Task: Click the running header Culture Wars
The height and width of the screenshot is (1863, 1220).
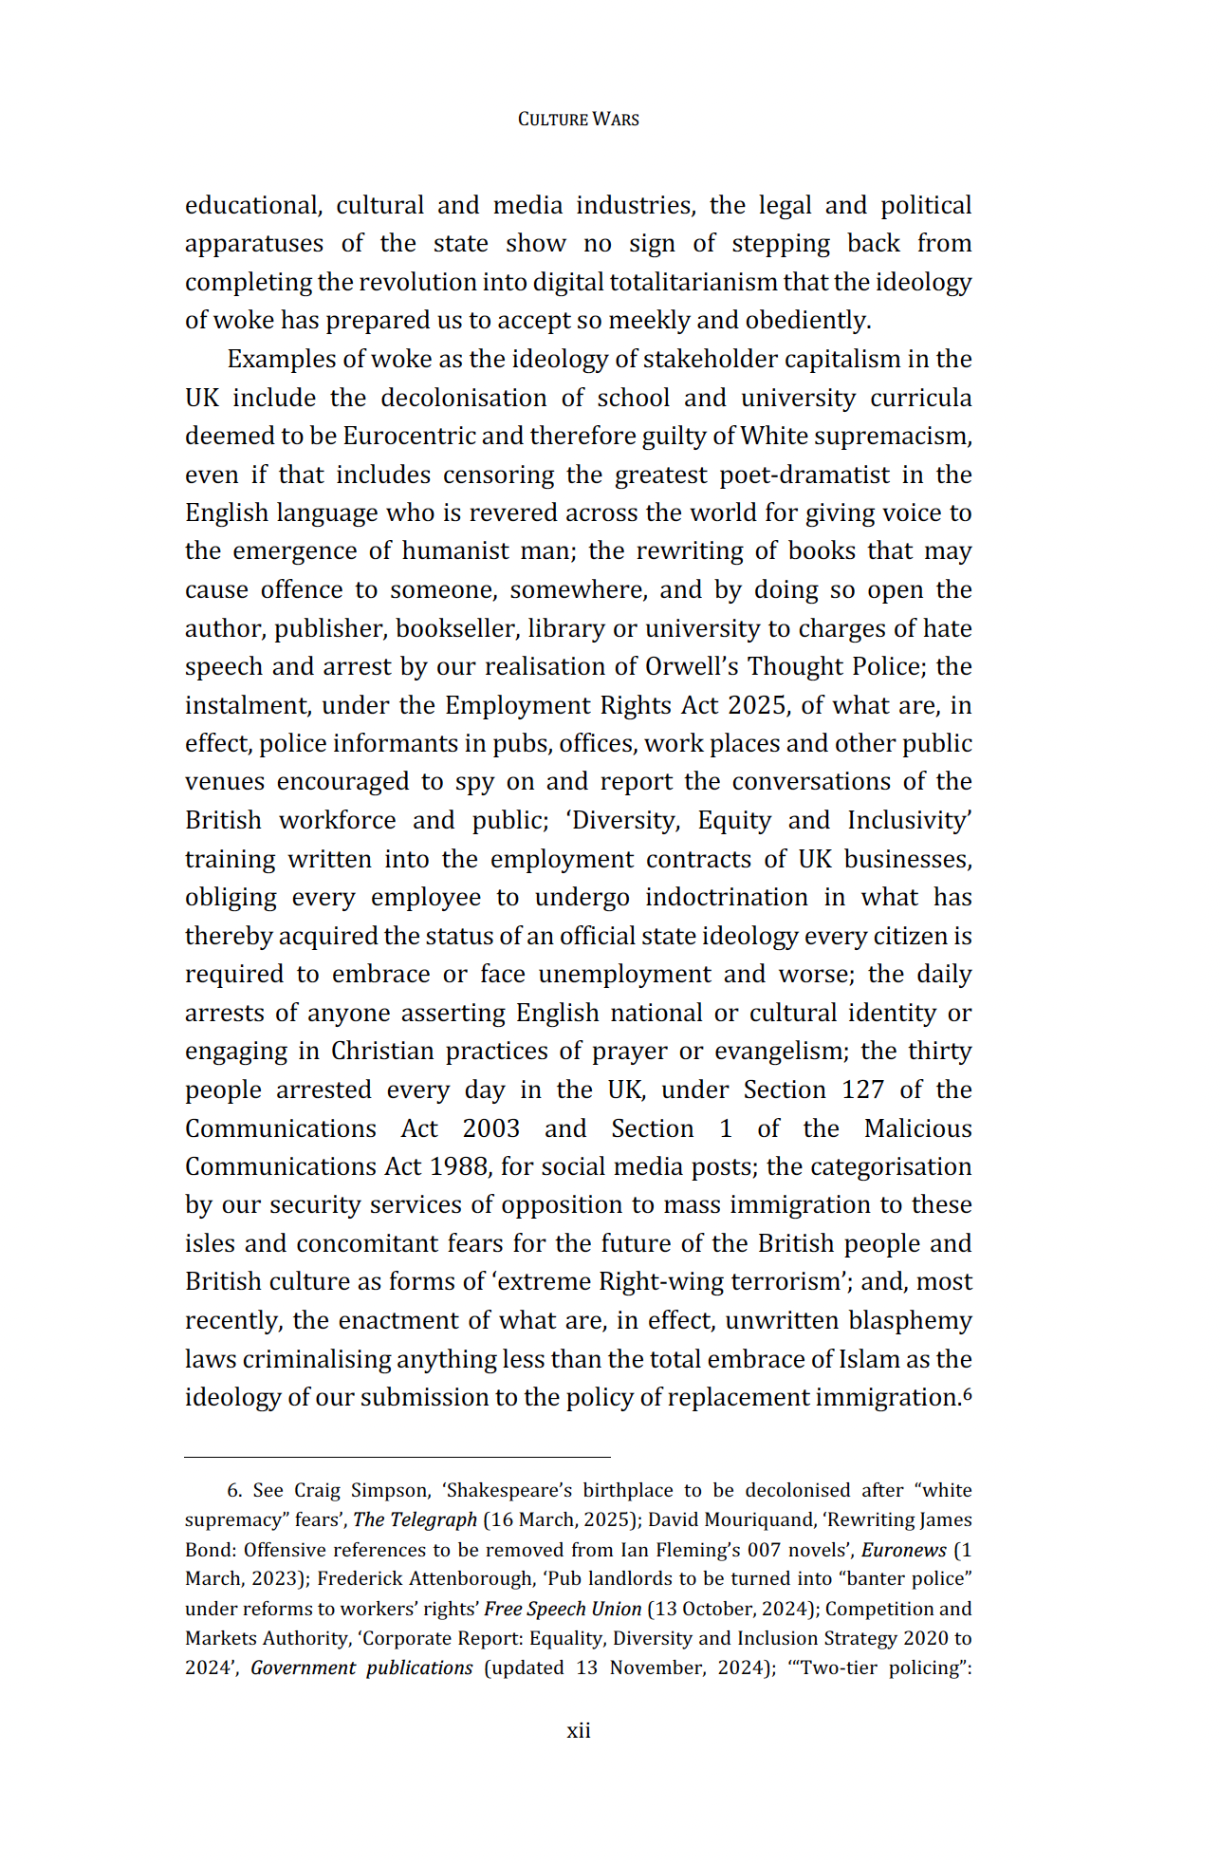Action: click(x=578, y=120)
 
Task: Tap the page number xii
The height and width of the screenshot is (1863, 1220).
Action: click(x=578, y=1730)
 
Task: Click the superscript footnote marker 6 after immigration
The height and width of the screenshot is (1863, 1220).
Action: click(x=967, y=1393)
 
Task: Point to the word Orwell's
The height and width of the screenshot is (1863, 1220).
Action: click(x=692, y=666)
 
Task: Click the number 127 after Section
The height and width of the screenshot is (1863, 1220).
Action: click(x=862, y=1090)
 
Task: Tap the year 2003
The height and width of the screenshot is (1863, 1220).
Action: click(x=490, y=1128)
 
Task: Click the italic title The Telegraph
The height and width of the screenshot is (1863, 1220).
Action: click(x=415, y=1519)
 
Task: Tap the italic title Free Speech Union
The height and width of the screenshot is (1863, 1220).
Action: click(x=563, y=1609)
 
